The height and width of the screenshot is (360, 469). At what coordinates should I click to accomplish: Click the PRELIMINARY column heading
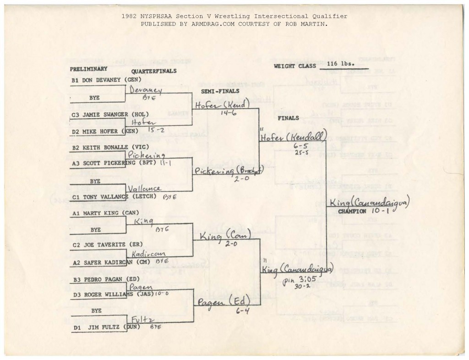(x=88, y=69)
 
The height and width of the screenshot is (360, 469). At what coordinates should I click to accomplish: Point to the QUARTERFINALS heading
(x=153, y=71)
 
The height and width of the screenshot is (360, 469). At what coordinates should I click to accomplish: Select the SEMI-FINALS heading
(x=220, y=91)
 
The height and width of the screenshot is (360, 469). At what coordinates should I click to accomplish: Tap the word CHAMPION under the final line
(x=352, y=211)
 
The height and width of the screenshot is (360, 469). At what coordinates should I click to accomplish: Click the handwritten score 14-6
(x=228, y=113)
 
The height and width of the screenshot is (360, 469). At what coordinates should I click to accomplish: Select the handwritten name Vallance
(x=144, y=188)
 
